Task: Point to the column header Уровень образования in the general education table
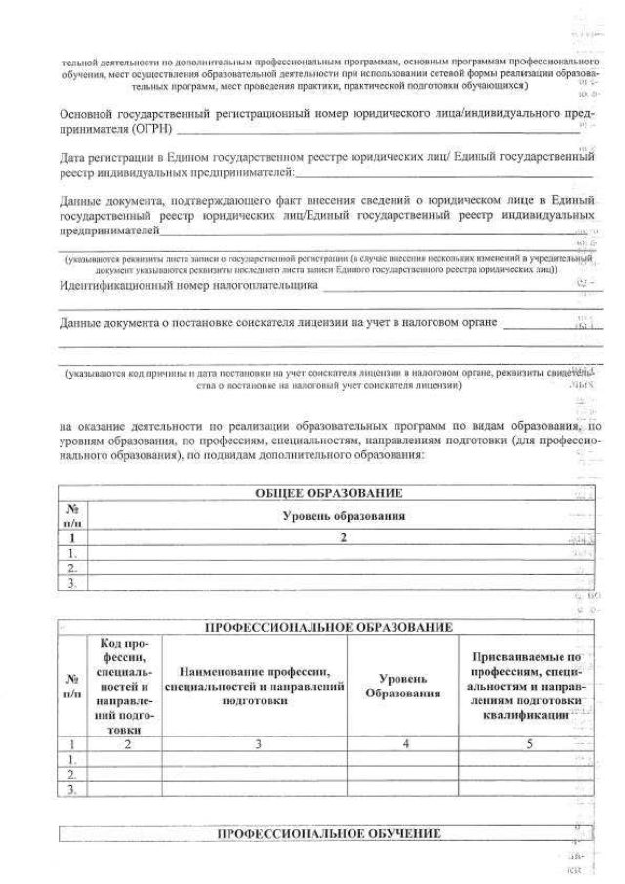pos(344,515)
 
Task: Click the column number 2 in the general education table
pos(344,536)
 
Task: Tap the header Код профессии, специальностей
pos(124,687)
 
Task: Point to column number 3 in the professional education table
pos(254,743)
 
